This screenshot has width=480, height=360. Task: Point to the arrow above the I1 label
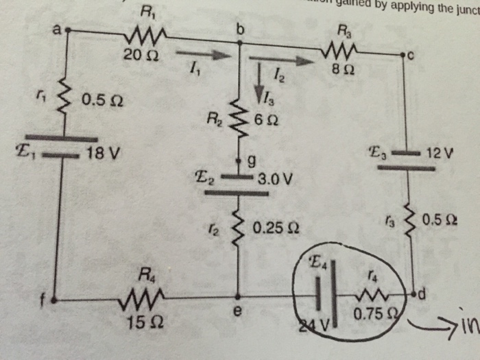[201, 53]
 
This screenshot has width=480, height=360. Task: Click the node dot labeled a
[69, 30]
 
